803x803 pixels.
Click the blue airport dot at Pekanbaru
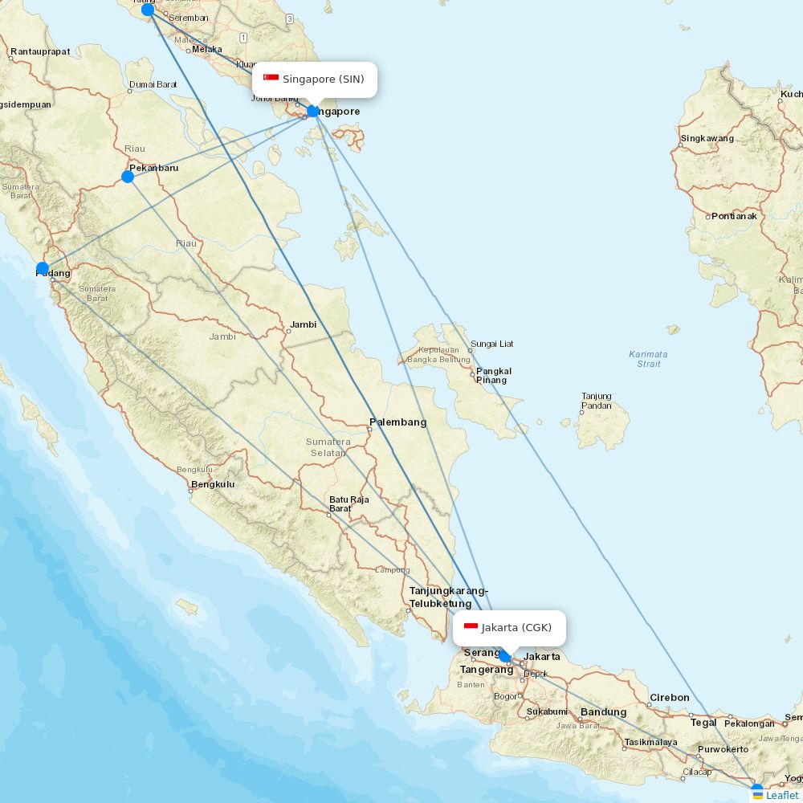click(x=128, y=177)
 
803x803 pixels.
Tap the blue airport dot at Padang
click(x=43, y=269)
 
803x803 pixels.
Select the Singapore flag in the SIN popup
click(x=271, y=79)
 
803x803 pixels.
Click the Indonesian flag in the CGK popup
click(x=471, y=627)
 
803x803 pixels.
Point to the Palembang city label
click(x=397, y=422)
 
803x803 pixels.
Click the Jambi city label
click(x=304, y=324)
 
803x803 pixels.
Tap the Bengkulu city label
click(x=212, y=484)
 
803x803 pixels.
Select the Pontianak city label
click(x=734, y=216)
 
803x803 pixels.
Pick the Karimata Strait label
click(x=648, y=359)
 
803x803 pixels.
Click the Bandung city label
click(x=603, y=712)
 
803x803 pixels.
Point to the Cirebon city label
click(x=669, y=697)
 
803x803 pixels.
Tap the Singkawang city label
click(x=707, y=138)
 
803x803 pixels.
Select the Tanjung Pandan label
click(x=597, y=401)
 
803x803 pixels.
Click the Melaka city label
click(x=206, y=49)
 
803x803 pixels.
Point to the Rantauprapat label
click(x=39, y=51)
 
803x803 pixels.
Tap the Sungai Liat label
click(x=491, y=344)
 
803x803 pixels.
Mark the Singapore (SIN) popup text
click(x=323, y=79)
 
